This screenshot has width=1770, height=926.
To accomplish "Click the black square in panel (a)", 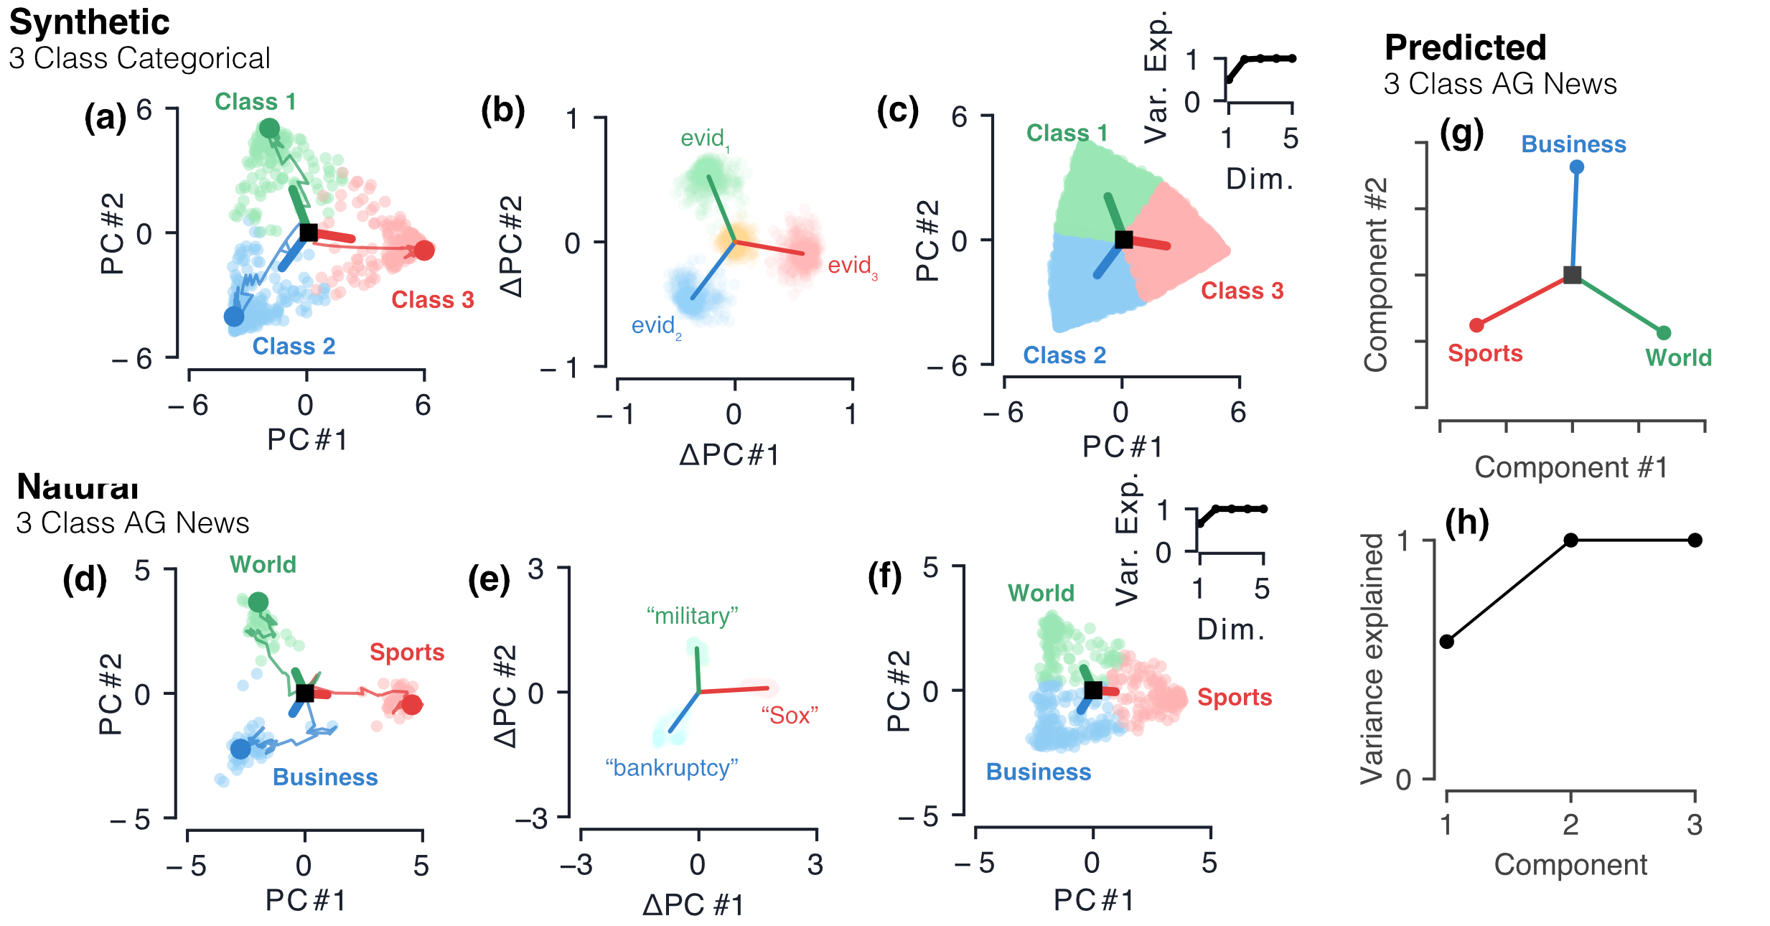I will (x=308, y=233).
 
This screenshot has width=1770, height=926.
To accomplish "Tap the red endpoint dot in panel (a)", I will (x=424, y=251).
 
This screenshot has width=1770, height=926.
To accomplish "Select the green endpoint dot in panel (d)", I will (x=258, y=602).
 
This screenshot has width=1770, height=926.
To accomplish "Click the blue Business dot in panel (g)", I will (x=1576, y=167).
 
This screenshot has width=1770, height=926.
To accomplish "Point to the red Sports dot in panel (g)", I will (x=1476, y=325).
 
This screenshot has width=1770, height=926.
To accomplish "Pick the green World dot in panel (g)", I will (x=1664, y=332).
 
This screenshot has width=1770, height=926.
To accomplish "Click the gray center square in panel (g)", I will (x=1572, y=275).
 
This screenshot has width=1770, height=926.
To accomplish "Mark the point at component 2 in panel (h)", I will (x=1570, y=540).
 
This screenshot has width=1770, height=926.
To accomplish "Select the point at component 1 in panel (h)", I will (x=1446, y=642).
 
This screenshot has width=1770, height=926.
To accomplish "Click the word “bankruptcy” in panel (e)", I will (x=671, y=768).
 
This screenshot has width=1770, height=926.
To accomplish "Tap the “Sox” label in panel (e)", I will (x=790, y=715).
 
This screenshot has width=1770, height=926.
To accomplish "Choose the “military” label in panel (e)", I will (x=692, y=616).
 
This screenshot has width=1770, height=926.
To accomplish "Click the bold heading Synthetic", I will (x=89, y=23).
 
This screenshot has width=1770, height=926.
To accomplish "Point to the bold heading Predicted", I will (x=1465, y=48).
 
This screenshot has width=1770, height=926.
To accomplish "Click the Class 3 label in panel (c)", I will (x=1242, y=291).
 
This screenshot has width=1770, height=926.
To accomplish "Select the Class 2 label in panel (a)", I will (x=294, y=347).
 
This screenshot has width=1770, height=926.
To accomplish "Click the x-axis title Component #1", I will (x=1570, y=467).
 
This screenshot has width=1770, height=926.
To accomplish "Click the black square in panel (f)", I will (x=1092, y=690).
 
